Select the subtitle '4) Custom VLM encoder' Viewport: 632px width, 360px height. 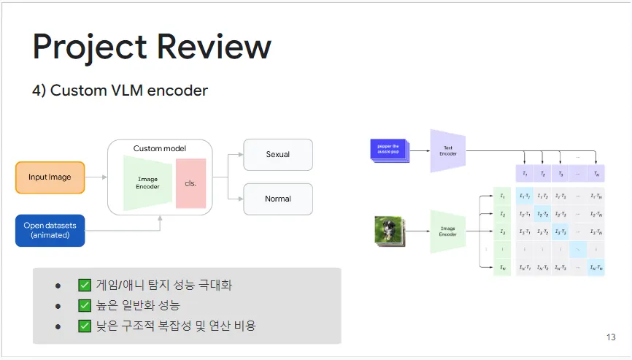click(120, 91)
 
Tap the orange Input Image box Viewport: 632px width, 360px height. click(50, 177)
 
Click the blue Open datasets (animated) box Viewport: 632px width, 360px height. click(50, 230)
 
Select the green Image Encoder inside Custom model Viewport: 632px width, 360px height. click(147, 183)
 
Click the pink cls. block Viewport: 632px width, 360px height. click(191, 183)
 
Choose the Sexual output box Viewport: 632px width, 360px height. click(277, 154)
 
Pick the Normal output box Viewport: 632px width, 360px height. click(277, 199)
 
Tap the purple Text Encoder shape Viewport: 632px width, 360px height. click(447, 151)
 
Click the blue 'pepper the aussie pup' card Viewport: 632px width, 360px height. click(389, 150)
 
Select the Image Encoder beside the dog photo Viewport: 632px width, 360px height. click(447, 231)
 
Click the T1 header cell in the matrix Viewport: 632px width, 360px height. click(524, 173)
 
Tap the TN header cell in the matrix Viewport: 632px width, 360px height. click(596, 173)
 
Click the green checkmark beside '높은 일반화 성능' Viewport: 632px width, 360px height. click(85, 305)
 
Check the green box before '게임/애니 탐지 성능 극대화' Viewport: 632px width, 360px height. click(85, 286)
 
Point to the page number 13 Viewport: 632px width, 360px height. click(611, 337)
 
